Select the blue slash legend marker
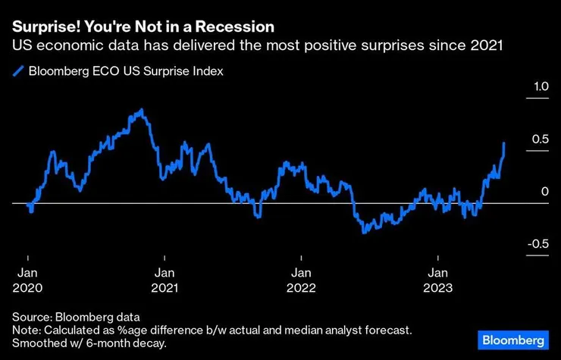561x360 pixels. click(x=17, y=71)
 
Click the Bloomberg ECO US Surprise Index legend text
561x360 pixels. click(x=125, y=71)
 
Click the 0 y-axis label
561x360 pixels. click(x=544, y=192)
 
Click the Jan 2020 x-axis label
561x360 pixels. click(x=28, y=280)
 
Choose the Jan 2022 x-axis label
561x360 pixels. click(x=301, y=280)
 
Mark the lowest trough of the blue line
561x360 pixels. click(x=364, y=232)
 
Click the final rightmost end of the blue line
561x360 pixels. click(x=505, y=142)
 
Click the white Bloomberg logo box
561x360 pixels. click(x=512, y=338)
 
